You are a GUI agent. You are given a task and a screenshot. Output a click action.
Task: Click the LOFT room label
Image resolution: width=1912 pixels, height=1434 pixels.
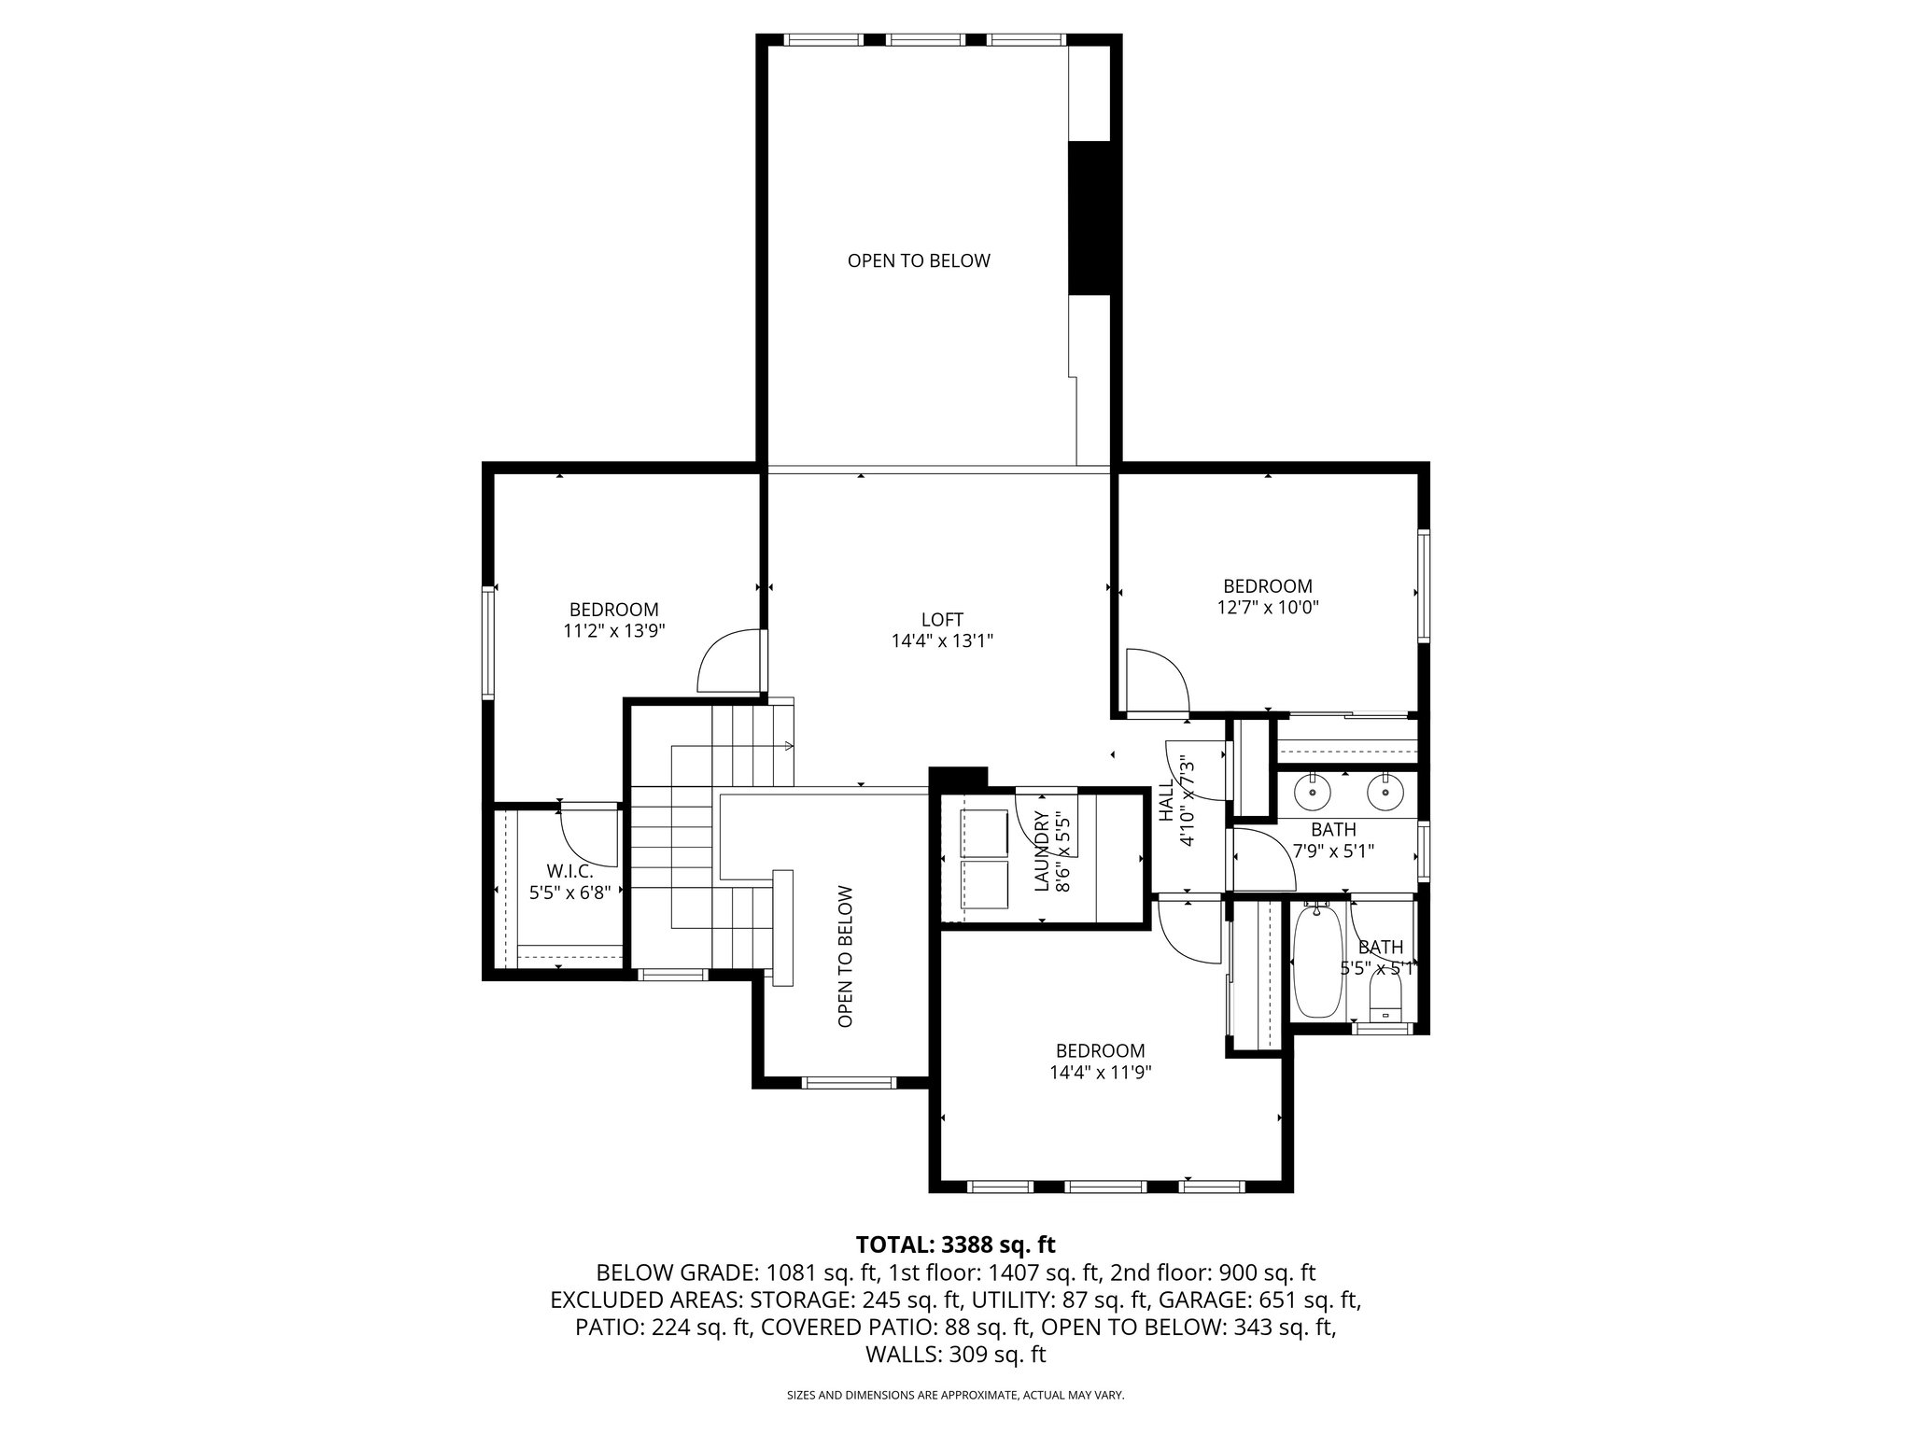(941, 620)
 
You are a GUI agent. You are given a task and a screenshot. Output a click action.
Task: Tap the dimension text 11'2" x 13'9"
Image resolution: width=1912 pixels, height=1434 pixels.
(613, 630)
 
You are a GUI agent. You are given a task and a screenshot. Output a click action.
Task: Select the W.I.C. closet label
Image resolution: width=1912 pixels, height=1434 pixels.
(569, 871)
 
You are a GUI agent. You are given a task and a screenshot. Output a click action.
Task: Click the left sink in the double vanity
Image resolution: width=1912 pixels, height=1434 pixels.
(1314, 793)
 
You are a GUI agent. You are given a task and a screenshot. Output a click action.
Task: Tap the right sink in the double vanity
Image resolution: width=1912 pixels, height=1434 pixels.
(1385, 793)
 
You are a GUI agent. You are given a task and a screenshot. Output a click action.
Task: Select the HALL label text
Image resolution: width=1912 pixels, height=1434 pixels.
(1165, 801)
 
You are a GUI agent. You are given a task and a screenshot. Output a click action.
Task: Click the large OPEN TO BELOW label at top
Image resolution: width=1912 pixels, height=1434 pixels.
(919, 261)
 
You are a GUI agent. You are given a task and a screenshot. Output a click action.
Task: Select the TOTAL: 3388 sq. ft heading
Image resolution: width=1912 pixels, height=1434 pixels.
(955, 1244)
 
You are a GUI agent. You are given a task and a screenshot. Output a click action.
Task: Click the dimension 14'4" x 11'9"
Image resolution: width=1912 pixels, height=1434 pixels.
(1100, 1073)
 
